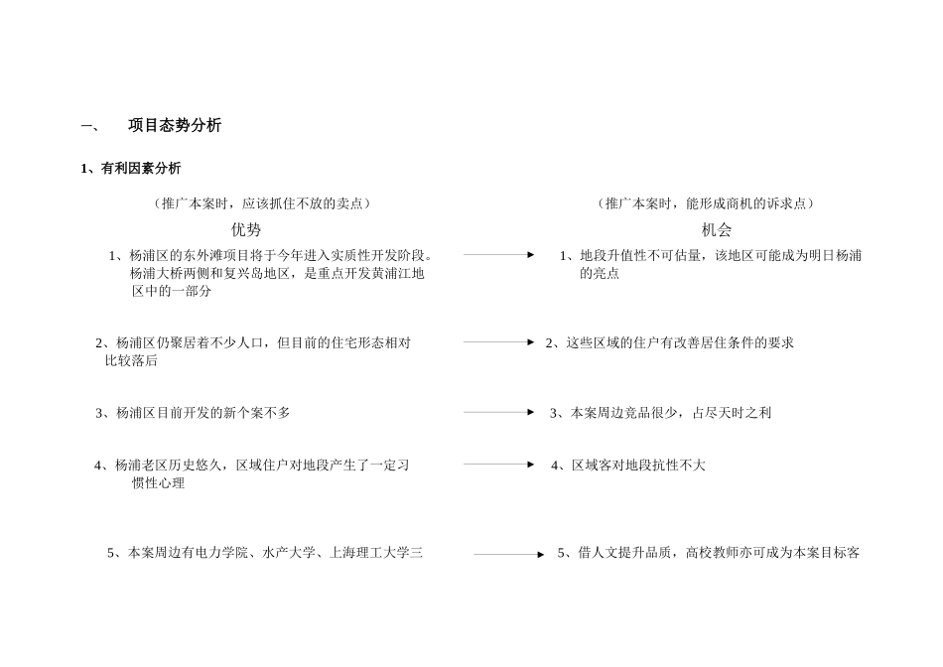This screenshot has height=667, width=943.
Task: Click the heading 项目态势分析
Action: pyautogui.click(x=175, y=126)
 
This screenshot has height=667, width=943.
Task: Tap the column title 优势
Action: pyautogui.click(x=246, y=230)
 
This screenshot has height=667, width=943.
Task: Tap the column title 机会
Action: pyautogui.click(x=716, y=230)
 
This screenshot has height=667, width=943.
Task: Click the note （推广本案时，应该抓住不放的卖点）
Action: pyautogui.click(x=262, y=203)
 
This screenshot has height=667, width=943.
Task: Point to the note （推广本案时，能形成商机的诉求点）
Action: pyautogui.click(x=706, y=203)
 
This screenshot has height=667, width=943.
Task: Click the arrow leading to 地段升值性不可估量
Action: pyautogui.click(x=498, y=255)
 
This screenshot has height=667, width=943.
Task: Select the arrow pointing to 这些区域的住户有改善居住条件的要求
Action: pyautogui.click(x=498, y=342)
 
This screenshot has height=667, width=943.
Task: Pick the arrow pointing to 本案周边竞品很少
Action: pyautogui.click(x=498, y=412)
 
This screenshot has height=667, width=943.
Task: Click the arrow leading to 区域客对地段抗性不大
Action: pyautogui.click(x=498, y=464)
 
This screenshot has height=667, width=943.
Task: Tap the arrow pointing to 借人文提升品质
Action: pyautogui.click(x=508, y=555)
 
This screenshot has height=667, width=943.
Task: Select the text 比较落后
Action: pyautogui.click(x=131, y=361)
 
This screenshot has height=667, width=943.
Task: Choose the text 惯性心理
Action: pyautogui.click(x=158, y=483)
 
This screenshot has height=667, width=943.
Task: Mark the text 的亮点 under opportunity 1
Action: pyautogui.click(x=600, y=274)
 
